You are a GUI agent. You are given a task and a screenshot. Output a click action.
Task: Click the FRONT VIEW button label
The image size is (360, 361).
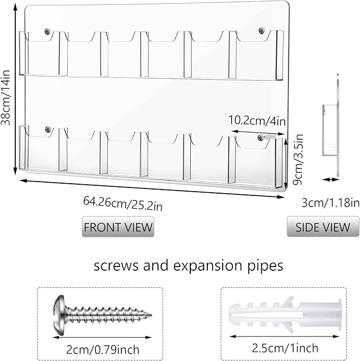[x=118, y=227]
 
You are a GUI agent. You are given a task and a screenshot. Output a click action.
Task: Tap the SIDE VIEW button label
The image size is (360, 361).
[x=323, y=227]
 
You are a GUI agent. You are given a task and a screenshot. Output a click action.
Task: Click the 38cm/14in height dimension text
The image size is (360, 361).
[x=6, y=97]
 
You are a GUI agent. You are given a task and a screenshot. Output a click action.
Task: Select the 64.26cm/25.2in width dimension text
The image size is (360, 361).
[x=123, y=203]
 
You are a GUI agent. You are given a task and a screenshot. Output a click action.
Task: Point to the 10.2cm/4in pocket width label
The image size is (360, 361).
[x=257, y=121]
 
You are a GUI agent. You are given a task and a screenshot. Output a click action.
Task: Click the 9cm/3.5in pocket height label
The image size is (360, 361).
[x=298, y=159]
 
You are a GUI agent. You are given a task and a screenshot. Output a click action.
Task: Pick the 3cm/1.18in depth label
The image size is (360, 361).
[x=331, y=203]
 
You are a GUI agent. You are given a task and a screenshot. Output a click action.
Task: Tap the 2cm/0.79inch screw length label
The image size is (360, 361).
[x=103, y=350]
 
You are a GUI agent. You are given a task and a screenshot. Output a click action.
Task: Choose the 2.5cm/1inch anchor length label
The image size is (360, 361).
[x=285, y=348]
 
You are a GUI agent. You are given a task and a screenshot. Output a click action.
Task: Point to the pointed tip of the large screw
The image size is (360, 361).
[x=151, y=314]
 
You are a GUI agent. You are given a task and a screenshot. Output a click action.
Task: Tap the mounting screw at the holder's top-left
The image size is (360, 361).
[x=48, y=31]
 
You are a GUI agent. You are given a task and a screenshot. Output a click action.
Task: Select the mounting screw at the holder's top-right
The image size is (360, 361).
[x=261, y=30]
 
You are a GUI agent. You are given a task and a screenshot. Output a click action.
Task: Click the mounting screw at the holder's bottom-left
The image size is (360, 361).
[x=48, y=129]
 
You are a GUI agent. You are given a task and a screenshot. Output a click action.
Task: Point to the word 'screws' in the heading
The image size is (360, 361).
[x=116, y=267]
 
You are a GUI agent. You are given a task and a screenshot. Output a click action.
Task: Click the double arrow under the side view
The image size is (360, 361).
[x=331, y=179]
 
